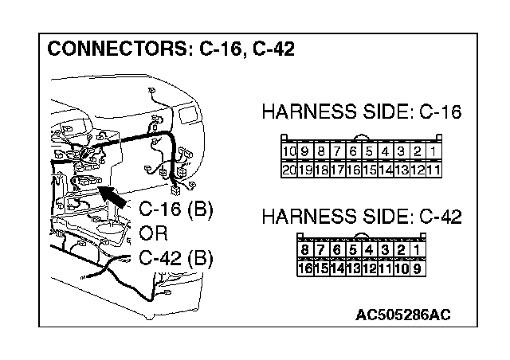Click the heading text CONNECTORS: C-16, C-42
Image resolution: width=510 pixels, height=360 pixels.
tap(171, 49)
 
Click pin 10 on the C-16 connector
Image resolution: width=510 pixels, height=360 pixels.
tap(289, 151)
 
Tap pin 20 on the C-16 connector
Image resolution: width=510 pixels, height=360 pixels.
tap(289, 170)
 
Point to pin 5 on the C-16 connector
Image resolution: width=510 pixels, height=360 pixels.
tap(370, 151)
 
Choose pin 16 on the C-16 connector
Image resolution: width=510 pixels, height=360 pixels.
tap(354, 170)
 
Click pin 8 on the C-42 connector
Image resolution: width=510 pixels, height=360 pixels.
tap(304, 249)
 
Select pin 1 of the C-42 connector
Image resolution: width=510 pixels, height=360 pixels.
tap(417, 249)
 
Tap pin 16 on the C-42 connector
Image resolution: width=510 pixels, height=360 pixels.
tap(304, 268)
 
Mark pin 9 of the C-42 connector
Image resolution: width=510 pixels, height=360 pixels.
tap(417, 268)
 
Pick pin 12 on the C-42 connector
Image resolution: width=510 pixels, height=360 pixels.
tap(369, 268)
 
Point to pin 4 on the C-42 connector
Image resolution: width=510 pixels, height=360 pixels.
tap(369, 249)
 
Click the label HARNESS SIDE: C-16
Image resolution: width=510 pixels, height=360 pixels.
tap(362, 112)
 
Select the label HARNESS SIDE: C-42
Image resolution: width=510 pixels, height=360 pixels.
tap(362, 216)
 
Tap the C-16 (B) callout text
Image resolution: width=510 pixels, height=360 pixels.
tap(175, 210)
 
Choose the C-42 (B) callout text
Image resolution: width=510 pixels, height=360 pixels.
tap(175, 258)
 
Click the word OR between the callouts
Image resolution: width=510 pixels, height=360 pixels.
tap(153, 234)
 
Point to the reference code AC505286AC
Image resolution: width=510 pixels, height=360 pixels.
tap(403, 314)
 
